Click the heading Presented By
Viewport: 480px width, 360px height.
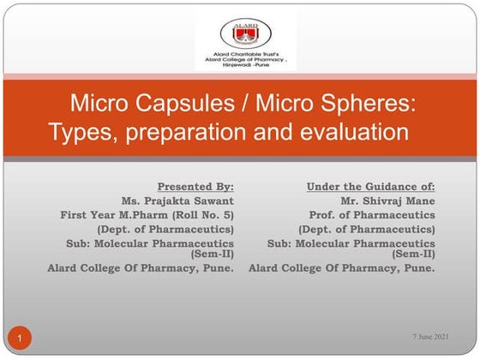point(195,186)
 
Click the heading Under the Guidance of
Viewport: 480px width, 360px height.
point(371,186)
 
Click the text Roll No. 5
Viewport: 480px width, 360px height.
point(201,214)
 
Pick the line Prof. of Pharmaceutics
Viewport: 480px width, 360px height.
point(372,214)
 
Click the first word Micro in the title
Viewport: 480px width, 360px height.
point(96,105)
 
